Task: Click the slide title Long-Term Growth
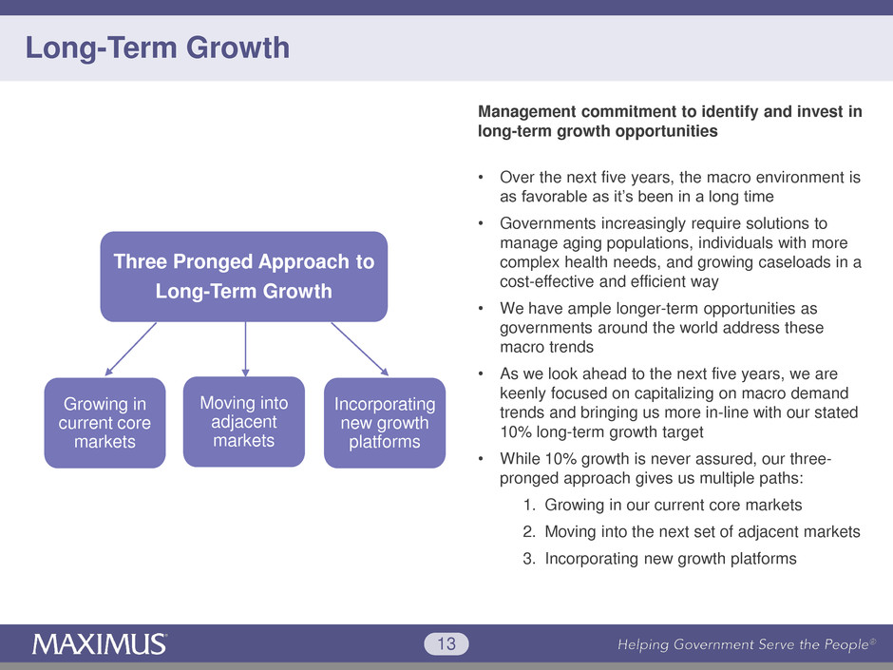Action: (x=158, y=48)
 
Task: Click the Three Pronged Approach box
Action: (x=244, y=277)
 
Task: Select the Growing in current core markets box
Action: (x=104, y=423)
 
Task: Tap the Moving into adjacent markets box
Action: (x=244, y=422)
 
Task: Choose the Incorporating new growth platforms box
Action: (x=385, y=423)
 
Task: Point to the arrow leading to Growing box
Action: (x=130, y=349)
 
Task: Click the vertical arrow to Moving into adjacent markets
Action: (x=245, y=349)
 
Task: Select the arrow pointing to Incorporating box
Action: (x=360, y=349)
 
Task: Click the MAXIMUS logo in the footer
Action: (x=99, y=644)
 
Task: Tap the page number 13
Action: (x=446, y=643)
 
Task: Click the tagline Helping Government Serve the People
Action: (x=746, y=644)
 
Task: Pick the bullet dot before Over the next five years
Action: (x=482, y=178)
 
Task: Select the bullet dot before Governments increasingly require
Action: (x=482, y=224)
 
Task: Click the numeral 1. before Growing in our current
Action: (x=529, y=505)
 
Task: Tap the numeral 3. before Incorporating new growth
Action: (x=529, y=559)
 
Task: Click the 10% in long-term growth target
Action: (x=516, y=431)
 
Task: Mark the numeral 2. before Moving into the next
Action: (x=529, y=531)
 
